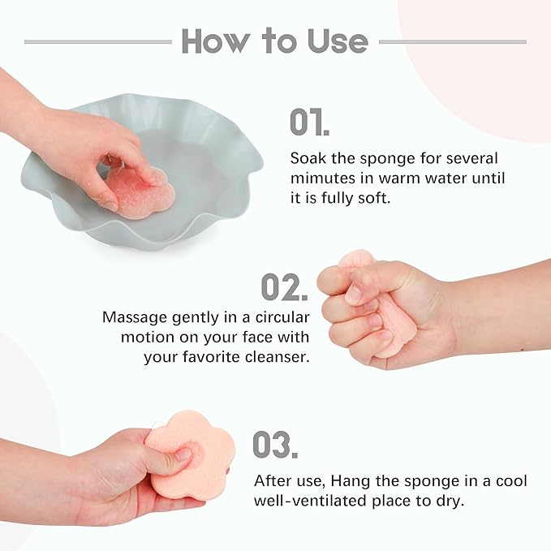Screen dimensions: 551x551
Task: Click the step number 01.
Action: tap(309, 123)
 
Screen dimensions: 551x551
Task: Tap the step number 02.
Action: tap(282, 286)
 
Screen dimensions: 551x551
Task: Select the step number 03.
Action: tap(274, 445)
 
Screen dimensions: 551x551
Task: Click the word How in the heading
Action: tap(216, 41)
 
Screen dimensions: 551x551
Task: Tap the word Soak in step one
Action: tap(308, 157)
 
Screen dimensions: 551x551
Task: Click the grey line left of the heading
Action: tap(97, 41)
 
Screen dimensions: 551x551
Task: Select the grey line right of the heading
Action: tap(453, 41)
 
